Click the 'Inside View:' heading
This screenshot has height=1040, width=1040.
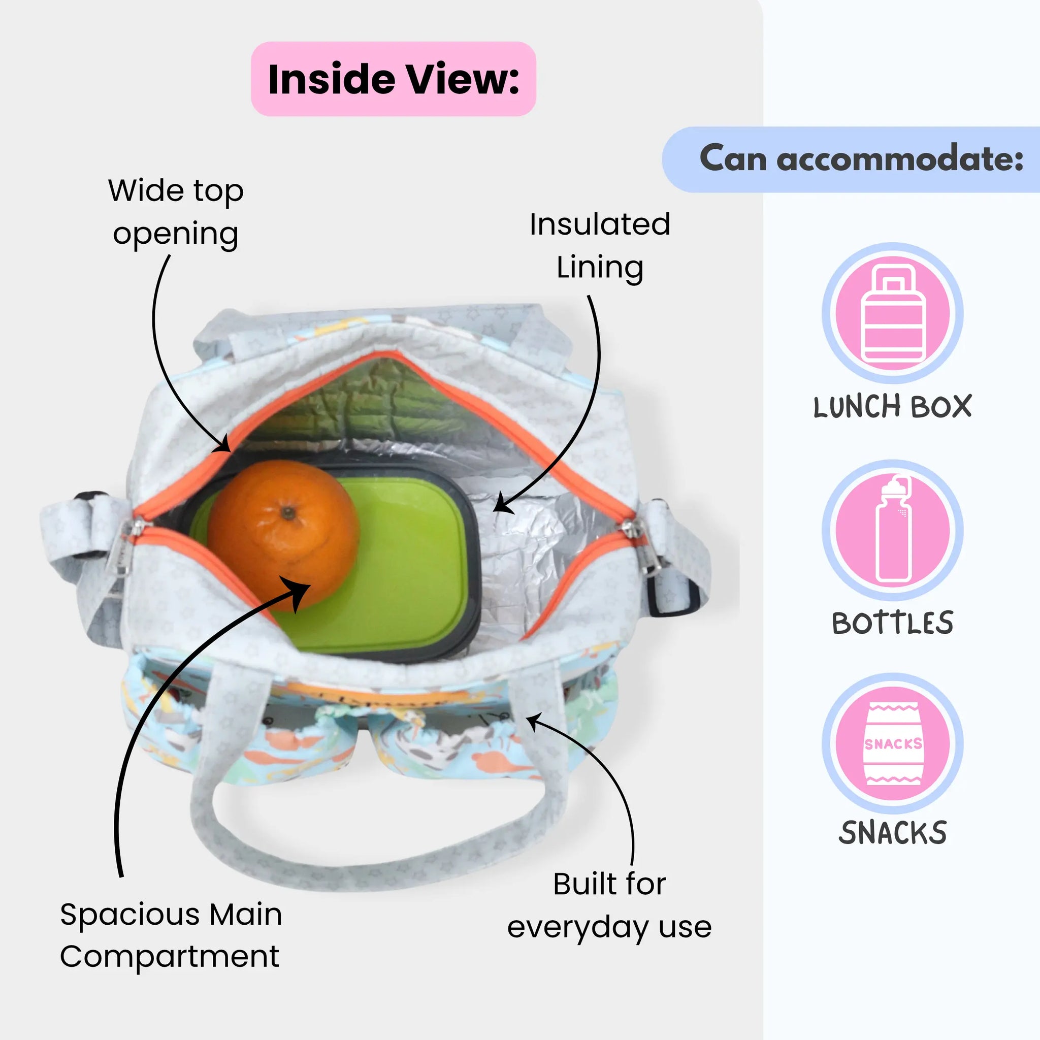pos(394,79)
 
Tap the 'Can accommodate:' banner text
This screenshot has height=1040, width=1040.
pos(861,159)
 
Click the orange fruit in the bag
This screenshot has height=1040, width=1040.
pos(284,536)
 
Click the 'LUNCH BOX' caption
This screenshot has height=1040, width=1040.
pos(893,406)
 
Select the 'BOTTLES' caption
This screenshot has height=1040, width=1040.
pos(893,623)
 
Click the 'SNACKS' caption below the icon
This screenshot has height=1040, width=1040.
pos(893,833)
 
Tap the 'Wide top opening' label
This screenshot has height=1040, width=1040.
pos(176,212)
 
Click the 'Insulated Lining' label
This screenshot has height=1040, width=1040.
pos(600,245)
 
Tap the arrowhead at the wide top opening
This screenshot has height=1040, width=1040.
pos(223,445)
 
